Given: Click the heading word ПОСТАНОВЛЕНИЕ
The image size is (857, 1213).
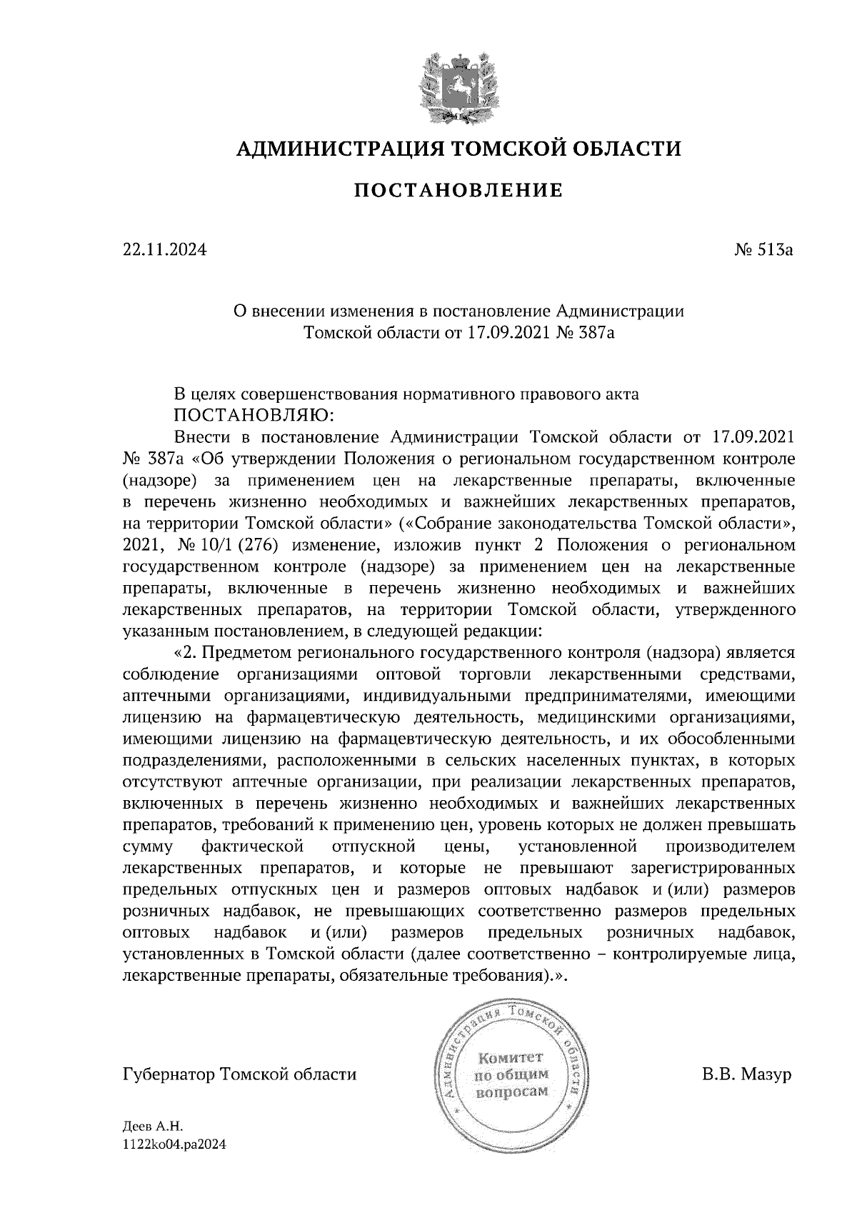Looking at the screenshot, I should pyautogui.click(x=458, y=190).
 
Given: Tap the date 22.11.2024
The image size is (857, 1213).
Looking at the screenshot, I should pyautogui.click(x=164, y=250).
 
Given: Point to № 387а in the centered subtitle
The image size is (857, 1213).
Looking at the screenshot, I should pyautogui.click(x=584, y=331).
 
